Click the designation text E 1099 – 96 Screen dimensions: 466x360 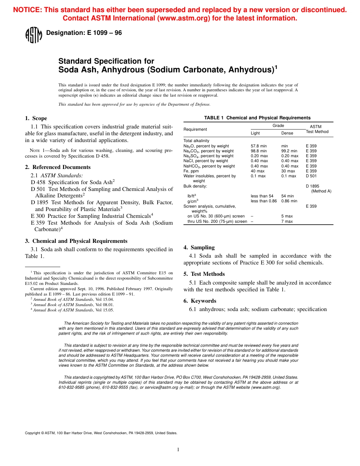coord(84,33)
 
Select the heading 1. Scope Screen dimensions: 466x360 coord(36,119)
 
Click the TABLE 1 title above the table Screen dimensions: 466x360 coord(257,118)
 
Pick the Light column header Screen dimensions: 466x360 coord(255,133)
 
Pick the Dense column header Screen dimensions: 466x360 coord(287,133)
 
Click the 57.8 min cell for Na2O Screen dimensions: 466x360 coord(259,146)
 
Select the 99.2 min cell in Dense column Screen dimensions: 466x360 coord(289,151)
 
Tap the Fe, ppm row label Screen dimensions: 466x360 coord(191,171)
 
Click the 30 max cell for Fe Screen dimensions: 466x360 coord(288,171)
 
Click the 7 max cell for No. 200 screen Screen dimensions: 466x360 coord(287,221)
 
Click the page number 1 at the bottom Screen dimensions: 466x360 coord(178,450)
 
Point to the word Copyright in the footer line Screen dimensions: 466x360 coord(32,433)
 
